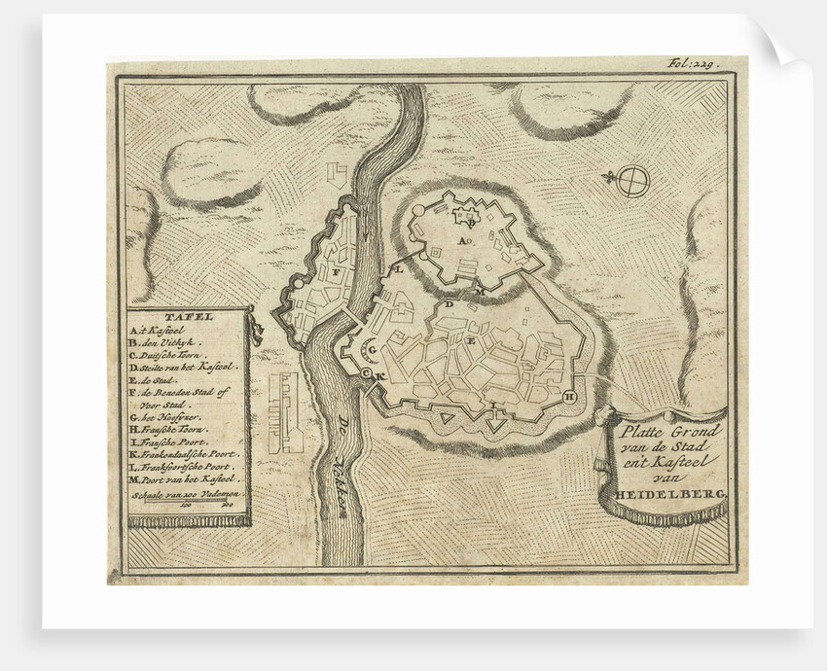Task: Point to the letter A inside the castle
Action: tap(462, 239)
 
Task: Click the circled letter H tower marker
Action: tap(570, 396)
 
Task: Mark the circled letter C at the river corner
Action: tap(366, 373)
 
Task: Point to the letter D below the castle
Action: tap(449, 304)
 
